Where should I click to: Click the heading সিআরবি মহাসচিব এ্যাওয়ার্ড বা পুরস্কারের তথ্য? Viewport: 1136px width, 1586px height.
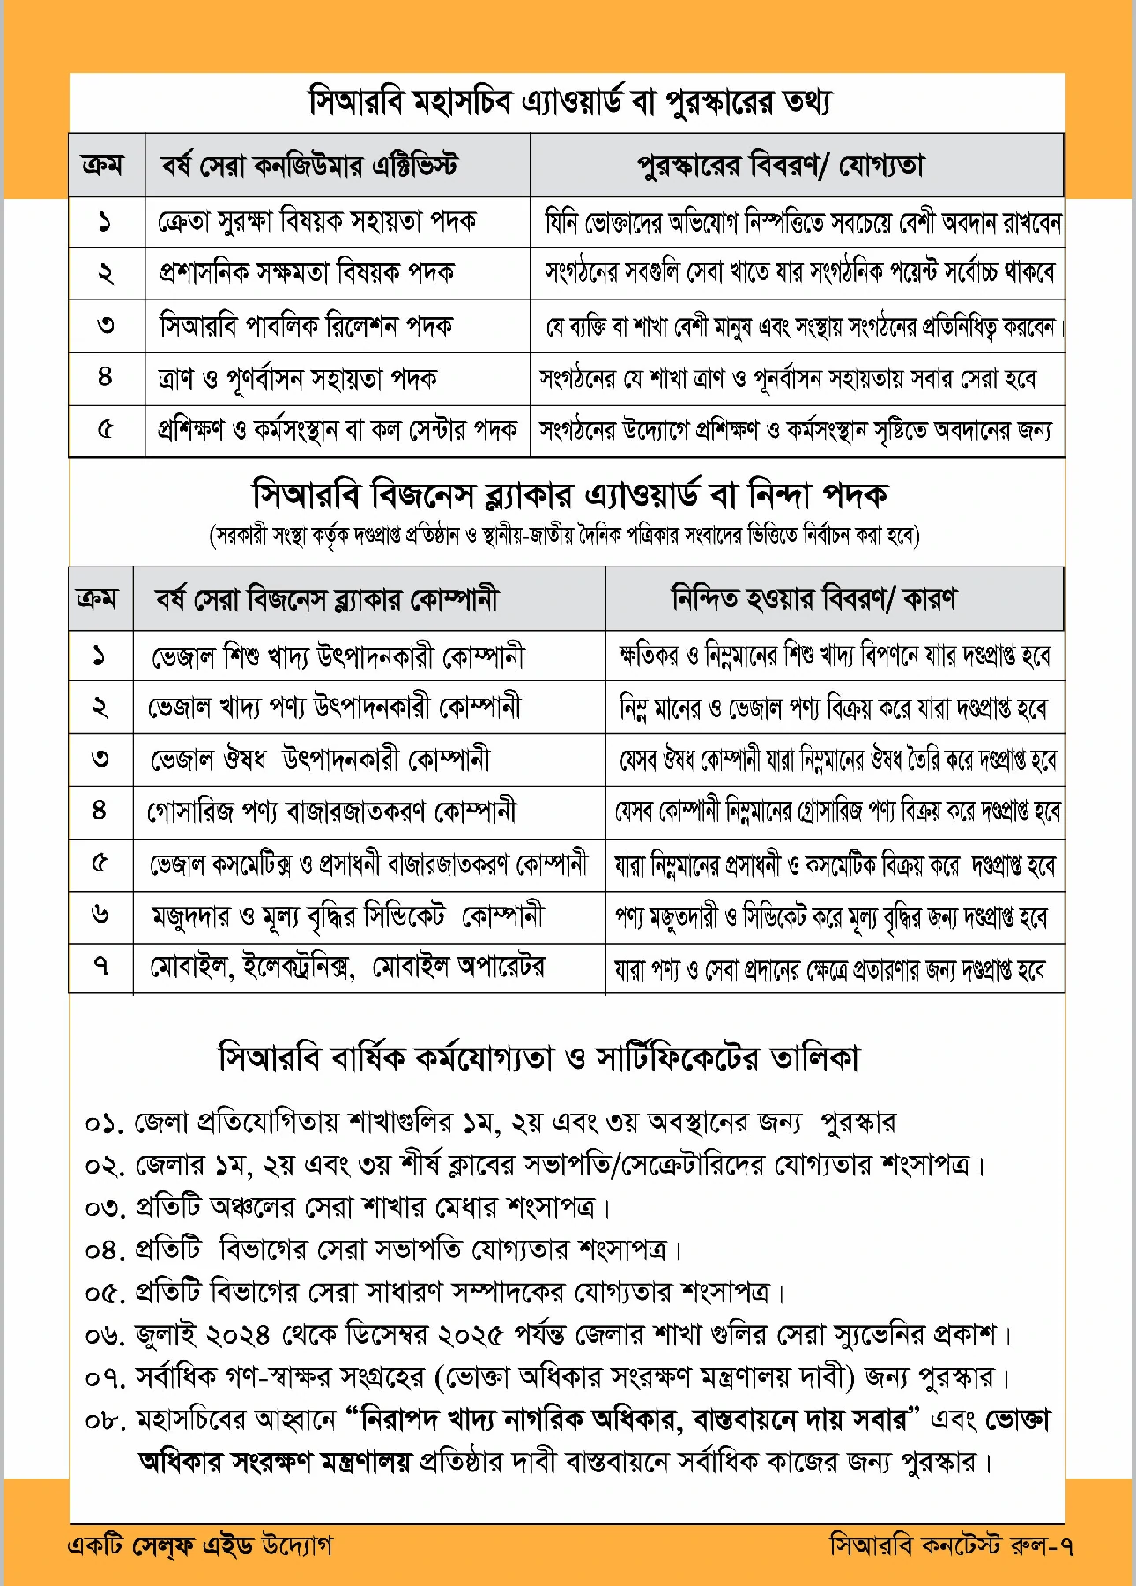pos(568,102)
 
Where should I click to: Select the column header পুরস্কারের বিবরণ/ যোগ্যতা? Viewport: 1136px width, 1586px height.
pos(781,166)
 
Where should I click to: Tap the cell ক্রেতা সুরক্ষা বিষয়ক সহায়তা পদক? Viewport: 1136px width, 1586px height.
pos(317,221)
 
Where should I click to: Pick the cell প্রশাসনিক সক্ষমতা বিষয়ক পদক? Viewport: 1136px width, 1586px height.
pos(306,273)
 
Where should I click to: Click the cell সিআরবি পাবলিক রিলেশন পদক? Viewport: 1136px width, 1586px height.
pos(306,326)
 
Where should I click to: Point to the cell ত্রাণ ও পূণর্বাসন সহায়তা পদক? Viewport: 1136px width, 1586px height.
pos(297,379)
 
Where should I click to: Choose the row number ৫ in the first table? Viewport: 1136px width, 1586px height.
pos(105,431)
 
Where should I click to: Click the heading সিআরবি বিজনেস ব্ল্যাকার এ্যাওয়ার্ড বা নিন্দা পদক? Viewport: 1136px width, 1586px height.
pos(568,494)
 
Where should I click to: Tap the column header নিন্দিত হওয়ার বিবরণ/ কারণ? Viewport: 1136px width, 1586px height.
pos(813,599)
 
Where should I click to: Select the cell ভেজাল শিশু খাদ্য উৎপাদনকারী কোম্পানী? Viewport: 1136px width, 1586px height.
pos(338,656)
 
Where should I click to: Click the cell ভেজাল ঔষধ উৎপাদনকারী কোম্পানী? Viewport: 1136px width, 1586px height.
pos(320,760)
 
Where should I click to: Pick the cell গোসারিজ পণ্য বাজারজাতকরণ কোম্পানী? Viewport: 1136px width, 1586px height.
pos(331,811)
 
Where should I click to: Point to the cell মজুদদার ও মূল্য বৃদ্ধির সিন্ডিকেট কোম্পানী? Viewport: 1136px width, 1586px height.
pos(347,916)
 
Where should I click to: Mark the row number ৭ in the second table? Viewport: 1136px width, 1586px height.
pos(100,967)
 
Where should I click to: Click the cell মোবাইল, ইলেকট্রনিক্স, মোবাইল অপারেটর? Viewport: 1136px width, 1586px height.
pos(347,967)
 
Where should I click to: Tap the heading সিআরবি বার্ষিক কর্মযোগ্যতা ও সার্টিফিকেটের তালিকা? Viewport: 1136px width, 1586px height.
pos(538,1057)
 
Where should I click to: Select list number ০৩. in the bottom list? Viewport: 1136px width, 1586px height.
pos(106,1207)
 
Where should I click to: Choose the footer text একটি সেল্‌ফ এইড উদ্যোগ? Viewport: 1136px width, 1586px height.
pos(200,1545)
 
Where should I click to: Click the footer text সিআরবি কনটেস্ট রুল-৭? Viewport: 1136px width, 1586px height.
pos(951,1545)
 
